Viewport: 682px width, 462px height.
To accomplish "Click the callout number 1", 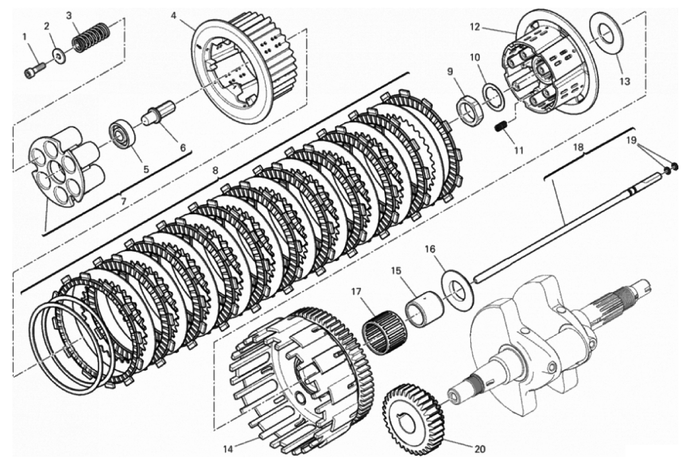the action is tap(25, 36).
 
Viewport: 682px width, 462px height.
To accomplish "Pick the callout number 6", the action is tap(183, 148).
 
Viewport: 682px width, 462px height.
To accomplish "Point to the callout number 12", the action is tap(475, 27).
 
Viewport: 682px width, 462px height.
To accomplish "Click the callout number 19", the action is tap(631, 140).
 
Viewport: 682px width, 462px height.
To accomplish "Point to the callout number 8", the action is tap(216, 171).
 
